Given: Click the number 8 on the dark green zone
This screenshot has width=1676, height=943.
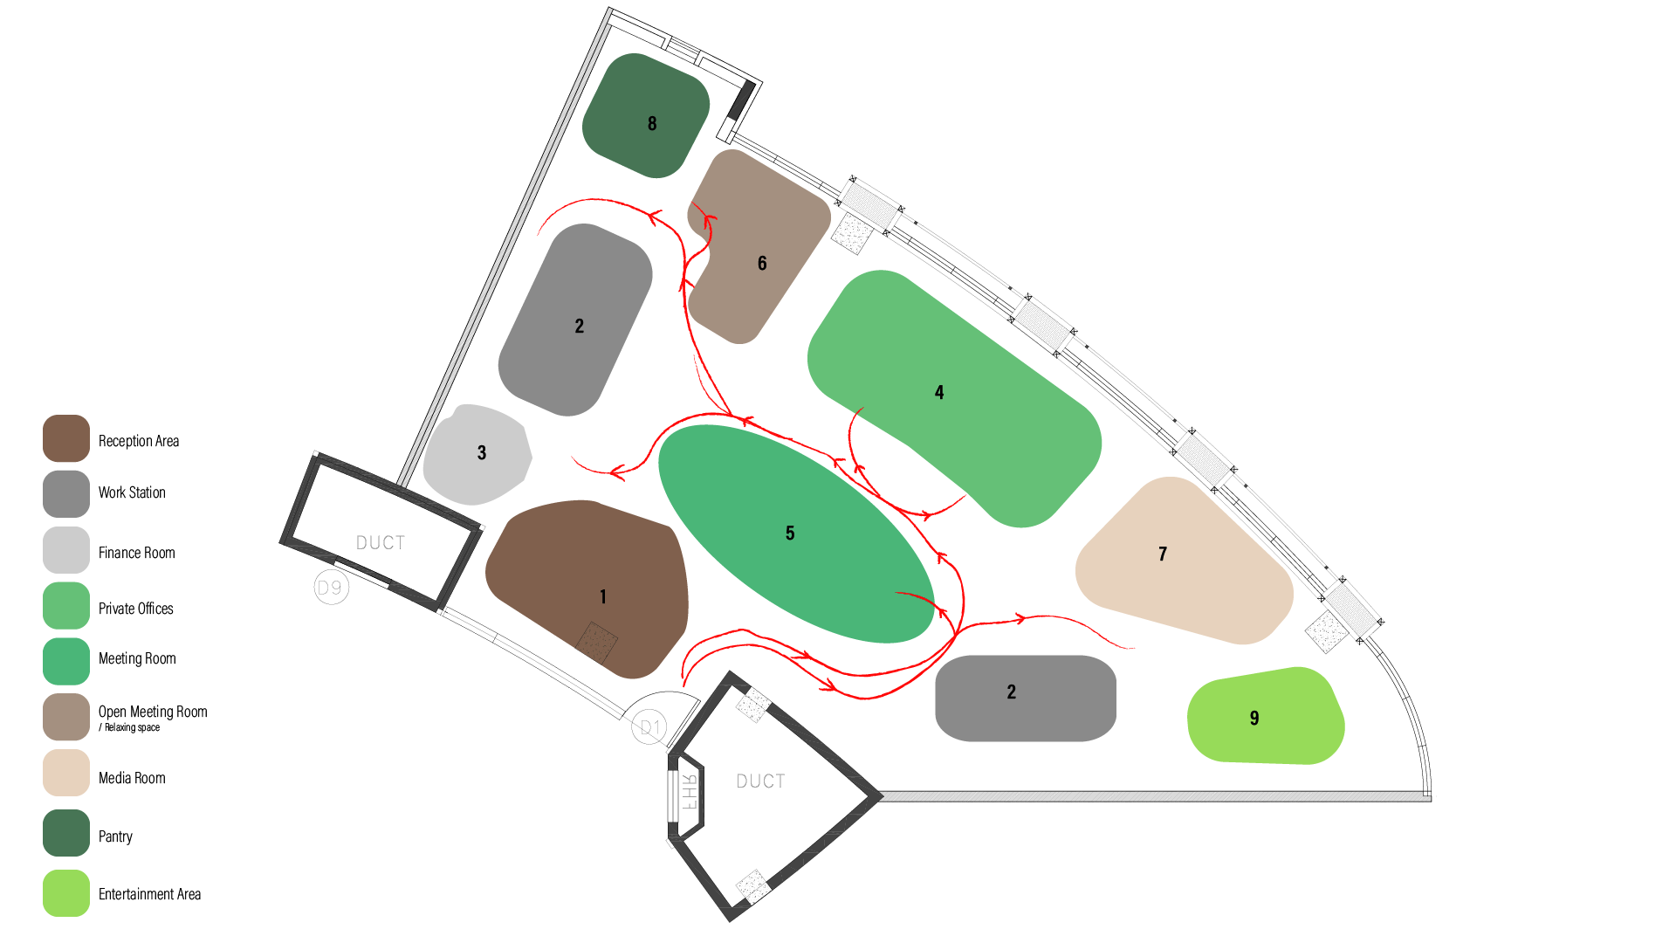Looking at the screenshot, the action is tap(652, 124).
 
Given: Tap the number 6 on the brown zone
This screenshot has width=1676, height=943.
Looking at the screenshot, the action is tap(762, 263).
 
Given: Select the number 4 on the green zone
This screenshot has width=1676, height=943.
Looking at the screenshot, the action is tap(939, 392).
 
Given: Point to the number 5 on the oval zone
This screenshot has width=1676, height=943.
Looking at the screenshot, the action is tap(790, 533).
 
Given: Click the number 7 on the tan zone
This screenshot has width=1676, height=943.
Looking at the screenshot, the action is tap(1163, 554).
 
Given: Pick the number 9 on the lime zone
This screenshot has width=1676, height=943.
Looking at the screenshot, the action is tap(1254, 718).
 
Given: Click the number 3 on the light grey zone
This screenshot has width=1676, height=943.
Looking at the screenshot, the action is tap(482, 452).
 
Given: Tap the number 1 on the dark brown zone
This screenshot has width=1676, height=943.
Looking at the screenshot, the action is tap(603, 596).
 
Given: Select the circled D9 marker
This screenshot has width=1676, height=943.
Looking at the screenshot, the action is tap(331, 588).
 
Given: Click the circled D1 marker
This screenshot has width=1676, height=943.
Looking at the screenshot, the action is tap(649, 727).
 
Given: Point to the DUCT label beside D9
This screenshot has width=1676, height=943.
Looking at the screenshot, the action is tap(381, 543).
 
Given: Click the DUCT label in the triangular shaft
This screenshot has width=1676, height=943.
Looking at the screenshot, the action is tap(760, 781).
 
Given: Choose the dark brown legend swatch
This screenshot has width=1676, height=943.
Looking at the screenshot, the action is tap(66, 438).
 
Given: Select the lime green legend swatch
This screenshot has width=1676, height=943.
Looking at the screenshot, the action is tap(66, 892).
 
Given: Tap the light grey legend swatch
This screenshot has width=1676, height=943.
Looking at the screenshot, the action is tap(66, 550).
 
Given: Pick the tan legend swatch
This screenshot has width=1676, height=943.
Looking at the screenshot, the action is tap(66, 773).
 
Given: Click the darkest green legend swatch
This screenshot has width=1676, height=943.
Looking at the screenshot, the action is tap(66, 833).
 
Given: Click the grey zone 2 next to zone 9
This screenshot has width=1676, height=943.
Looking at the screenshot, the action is tap(1025, 699).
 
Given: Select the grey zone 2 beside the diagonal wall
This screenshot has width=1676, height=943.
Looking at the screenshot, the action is tap(576, 320).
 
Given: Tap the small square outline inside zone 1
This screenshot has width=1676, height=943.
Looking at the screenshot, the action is tap(596, 644).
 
